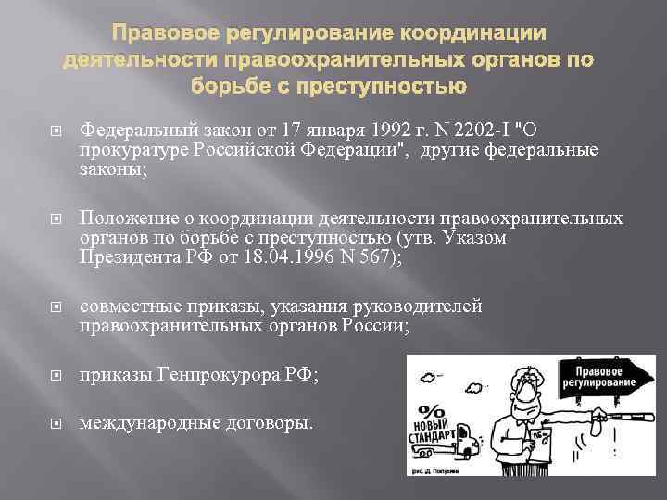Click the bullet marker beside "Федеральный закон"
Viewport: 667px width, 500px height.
click(x=58, y=127)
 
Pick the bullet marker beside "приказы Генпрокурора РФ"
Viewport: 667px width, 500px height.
click(x=58, y=376)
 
